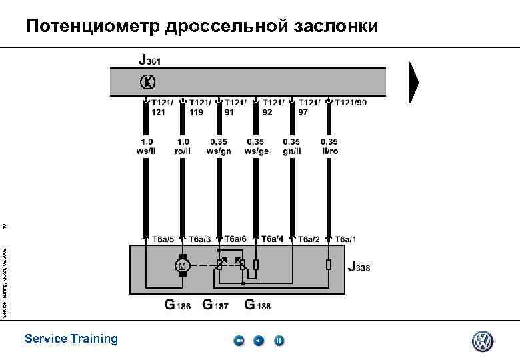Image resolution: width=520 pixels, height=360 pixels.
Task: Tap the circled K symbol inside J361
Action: pyautogui.click(x=147, y=81)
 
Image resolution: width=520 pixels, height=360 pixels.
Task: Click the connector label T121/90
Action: pyautogui.click(x=351, y=102)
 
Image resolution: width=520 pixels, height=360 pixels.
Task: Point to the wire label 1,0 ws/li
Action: pyautogui.click(x=146, y=146)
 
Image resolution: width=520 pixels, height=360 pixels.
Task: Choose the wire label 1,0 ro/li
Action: pyautogui.click(x=182, y=146)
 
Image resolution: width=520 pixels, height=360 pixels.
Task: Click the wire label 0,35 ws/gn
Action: pyautogui.click(x=218, y=146)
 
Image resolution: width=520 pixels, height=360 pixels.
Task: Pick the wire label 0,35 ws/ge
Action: pyautogui.click(x=255, y=146)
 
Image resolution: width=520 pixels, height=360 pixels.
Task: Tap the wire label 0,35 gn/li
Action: pyautogui.click(x=291, y=146)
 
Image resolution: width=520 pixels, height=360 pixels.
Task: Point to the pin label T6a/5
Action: pyautogui.click(x=163, y=239)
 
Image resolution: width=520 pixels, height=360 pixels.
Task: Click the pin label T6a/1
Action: pyautogui.click(x=346, y=239)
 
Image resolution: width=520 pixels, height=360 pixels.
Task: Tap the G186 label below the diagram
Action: pyautogui.click(x=178, y=305)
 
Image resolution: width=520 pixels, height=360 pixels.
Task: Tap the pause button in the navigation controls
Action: pyautogui.click(x=279, y=341)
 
